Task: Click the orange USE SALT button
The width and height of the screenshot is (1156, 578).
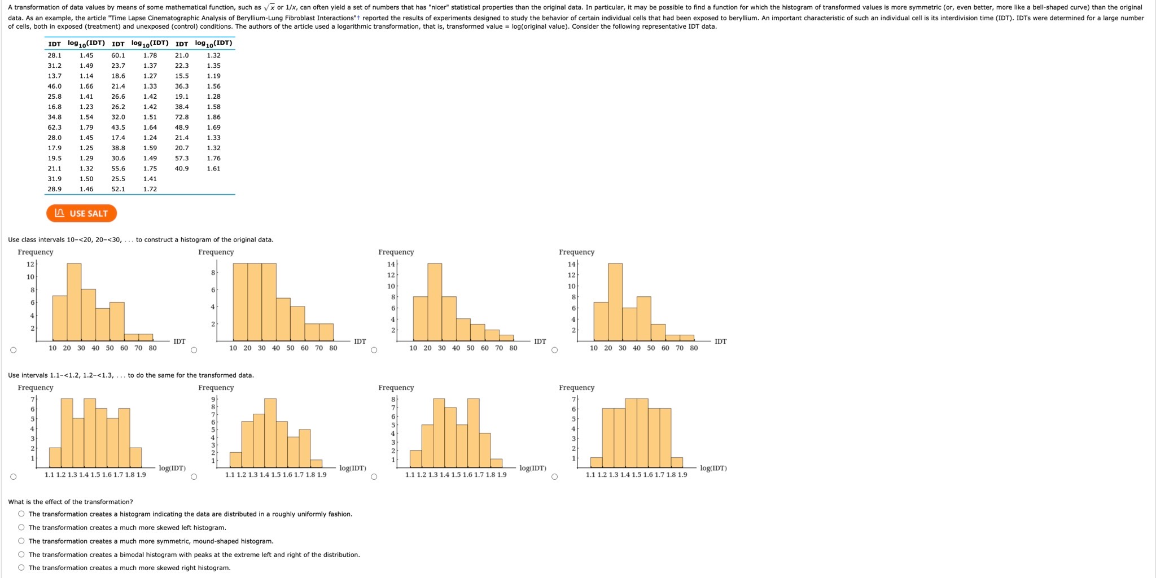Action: pyautogui.click(x=81, y=213)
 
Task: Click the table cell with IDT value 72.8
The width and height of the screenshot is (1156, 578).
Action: pyautogui.click(x=182, y=117)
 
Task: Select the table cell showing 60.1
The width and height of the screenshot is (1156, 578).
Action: pyautogui.click(x=118, y=55)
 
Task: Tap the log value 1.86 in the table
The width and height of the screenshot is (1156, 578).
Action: pyautogui.click(x=213, y=117)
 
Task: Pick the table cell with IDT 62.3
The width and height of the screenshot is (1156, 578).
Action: pyautogui.click(x=54, y=128)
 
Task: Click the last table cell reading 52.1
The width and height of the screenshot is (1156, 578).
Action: pyautogui.click(x=118, y=189)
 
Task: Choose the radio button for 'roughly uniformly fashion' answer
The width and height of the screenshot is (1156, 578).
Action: pyautogui.click(x=21, y=514)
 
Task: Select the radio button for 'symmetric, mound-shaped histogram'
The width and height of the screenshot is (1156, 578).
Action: pyautogui.click(x=21, y=541)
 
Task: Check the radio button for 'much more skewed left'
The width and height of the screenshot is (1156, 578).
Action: pyautogui.click(x=21, y=528)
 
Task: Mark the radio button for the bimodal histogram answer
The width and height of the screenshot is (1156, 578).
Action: pyautogui.click(x=21, y=555)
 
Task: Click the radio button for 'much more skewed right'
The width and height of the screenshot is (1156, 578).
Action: pyautogui.click(x=21, y=568)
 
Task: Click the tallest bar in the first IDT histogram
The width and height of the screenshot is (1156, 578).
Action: pyautogui.click(x=74, y=302)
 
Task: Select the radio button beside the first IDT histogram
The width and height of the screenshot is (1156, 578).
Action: pyautogui.click(x=14, y=350)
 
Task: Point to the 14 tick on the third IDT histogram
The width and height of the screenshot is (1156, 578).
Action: pyautogui.click(x=391, y=264)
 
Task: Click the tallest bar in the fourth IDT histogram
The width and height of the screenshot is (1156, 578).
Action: pyautogui.click(x=615, y=302)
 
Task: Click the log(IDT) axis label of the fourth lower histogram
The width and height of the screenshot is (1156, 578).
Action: pyautogui.click(x=713, y=468)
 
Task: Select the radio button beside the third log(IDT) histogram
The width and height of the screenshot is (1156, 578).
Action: pyautogui.click(x=374, y=476)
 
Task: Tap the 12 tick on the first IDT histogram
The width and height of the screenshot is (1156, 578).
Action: pyautogui.click(x=30, y=264)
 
